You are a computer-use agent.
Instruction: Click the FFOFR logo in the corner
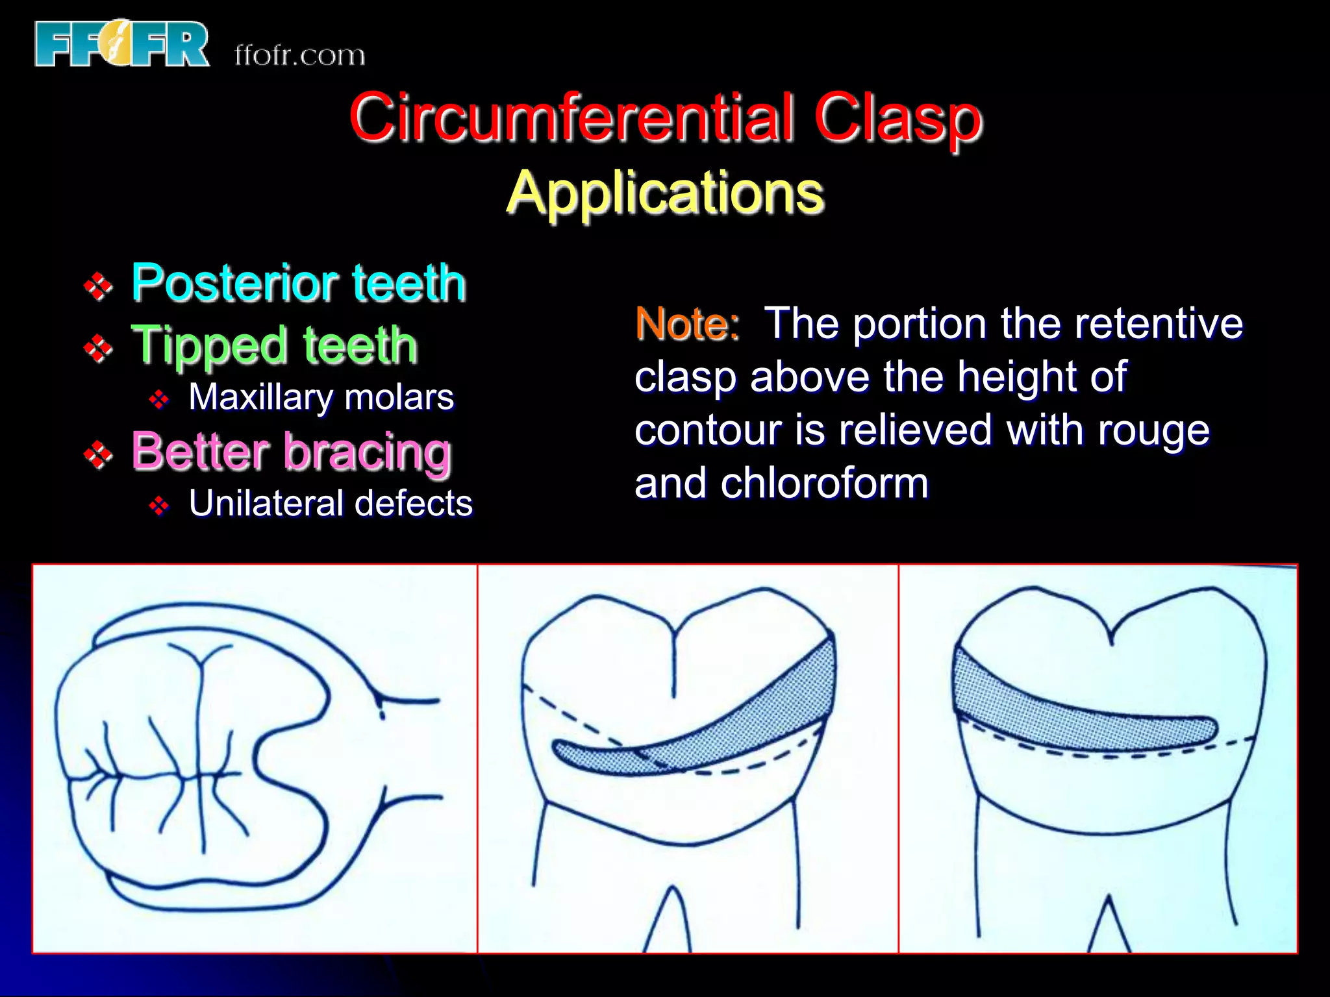point(122,44)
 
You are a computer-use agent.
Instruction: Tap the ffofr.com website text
point(299,55)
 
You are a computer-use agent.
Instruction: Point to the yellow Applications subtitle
point(665,193)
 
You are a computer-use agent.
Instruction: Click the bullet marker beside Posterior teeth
point(98,286)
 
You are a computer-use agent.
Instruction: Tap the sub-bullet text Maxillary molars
point(321,397)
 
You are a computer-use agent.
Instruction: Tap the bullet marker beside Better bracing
point(98,455)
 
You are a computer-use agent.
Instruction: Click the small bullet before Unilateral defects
point(159,505)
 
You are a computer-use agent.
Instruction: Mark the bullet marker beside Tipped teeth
point(98,349)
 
